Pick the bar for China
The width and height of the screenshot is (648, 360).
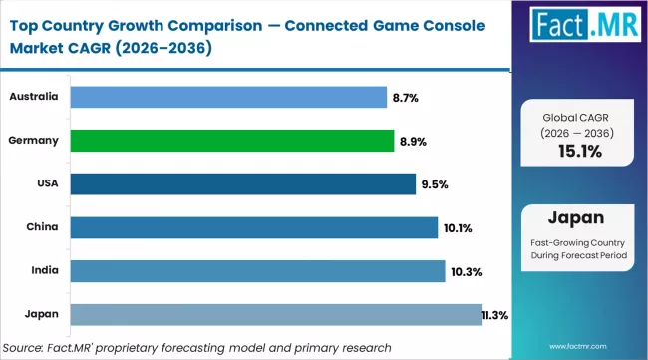pyautogui.click(x=253, y=227)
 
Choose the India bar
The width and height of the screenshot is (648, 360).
pyautogui.click(x=257, y=271)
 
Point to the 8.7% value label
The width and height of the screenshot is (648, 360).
pyautogui.click(x=406, y=98)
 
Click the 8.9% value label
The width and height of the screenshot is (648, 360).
pyautogui.click(x=413, y=142)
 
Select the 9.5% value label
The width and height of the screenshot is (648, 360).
pyautogui.click(x=435, y=184)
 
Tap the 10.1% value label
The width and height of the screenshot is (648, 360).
pyautogui.click(x=458, y=228)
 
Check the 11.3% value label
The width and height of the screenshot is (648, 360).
pyautogui.click(x=494, y=315)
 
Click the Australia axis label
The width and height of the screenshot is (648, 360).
pyautogui.click(x=34, y=97)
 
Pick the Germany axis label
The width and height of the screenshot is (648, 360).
pyautogui.click(x=34, y=141)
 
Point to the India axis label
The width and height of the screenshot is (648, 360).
pyautogui.click(x=42, y=271)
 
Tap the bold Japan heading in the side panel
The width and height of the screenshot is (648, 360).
pyautogui.click(x=579, y=218)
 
